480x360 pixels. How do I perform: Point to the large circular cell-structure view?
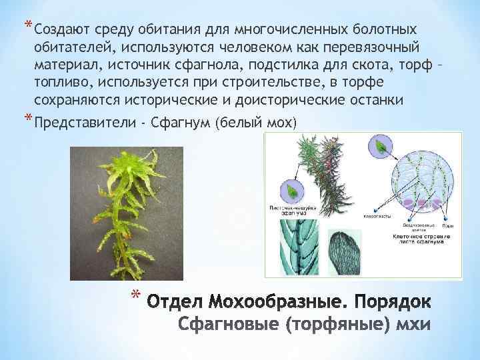[x=415, y=180]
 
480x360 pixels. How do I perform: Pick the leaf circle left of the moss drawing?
[x=293, y=191]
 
